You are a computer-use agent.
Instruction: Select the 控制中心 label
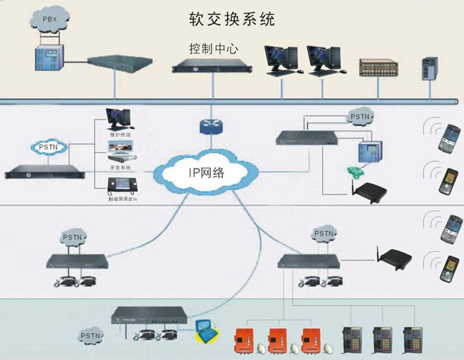[x=214, y=50]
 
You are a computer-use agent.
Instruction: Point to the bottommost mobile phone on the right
[x=450, y=269]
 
